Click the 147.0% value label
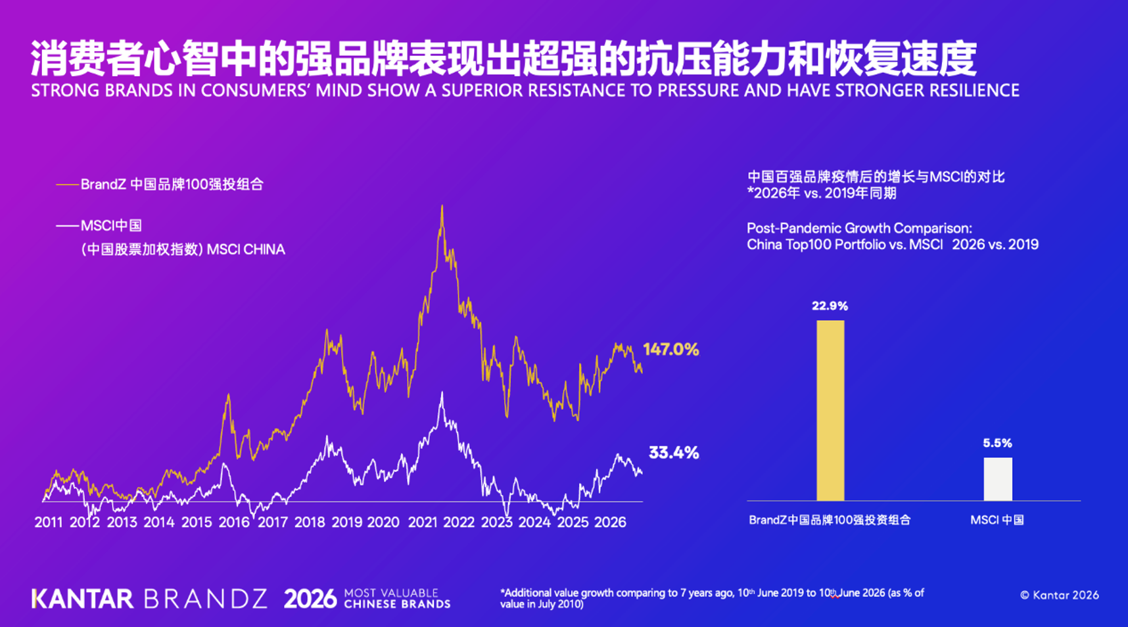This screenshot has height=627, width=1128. click(670, 349)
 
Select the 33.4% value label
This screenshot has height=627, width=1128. click(674, 452)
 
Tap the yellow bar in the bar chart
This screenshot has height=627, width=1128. click(830, 411)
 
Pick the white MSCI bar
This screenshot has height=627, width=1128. click(998, 479)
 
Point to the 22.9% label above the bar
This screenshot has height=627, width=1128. click(830, 306)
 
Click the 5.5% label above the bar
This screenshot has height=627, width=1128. click(997, 443)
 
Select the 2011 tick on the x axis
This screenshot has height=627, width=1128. click(49, 522)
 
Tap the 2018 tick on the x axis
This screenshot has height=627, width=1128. click(310, 522)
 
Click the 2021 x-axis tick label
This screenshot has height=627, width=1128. click(423, 522)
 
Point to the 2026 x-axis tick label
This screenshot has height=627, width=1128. click(610, 522)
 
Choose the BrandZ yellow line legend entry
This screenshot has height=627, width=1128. click(160, 185)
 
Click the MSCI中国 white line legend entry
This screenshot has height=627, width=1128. click(99, 226)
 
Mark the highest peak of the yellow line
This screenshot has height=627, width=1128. click(442, 206)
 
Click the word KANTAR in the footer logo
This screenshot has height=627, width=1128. click(83, 599)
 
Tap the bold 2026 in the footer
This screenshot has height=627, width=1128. click(310, 599)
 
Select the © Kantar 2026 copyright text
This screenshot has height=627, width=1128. click(1059, 595)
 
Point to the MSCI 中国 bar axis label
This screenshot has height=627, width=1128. click(997, 520)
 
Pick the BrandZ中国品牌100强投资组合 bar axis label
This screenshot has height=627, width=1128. click(830, 520)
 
